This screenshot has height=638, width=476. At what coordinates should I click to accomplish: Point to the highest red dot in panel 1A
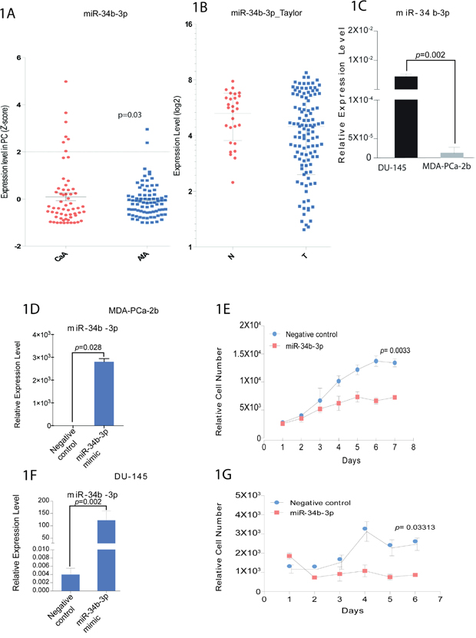65,81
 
